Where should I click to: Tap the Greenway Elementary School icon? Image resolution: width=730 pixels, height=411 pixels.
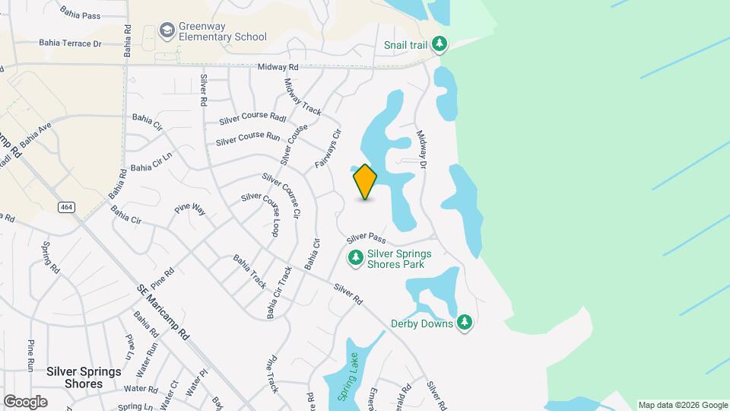point(167,30)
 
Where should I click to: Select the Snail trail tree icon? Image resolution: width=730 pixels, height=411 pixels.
point(439,45)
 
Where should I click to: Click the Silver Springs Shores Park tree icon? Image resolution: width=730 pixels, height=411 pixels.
point(355,259)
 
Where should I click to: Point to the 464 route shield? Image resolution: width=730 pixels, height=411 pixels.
point(66,206)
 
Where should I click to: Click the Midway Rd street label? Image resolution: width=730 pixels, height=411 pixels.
point(278,68)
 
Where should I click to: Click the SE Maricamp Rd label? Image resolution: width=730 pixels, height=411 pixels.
point(163,312)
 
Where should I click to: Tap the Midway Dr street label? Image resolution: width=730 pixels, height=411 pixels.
point(421,150)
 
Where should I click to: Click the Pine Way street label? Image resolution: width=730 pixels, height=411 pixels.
point(190,208)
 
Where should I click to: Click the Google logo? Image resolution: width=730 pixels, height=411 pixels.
point(25,401)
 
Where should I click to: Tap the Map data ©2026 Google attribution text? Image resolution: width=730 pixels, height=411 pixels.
point(682,405)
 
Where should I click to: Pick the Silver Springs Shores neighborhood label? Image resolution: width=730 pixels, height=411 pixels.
point(84,378)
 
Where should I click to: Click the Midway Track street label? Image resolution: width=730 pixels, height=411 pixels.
point(303,97)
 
